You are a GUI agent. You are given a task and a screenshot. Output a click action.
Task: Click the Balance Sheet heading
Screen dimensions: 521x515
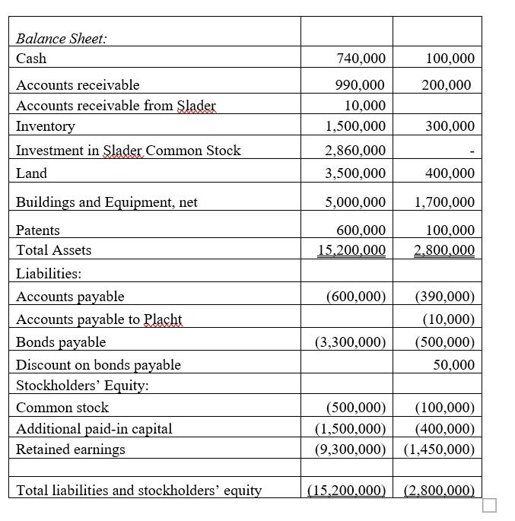(62, 40)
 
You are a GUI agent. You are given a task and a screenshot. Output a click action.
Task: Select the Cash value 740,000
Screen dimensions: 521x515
(361, 59)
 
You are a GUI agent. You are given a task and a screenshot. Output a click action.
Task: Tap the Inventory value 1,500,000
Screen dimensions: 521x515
(355, 126)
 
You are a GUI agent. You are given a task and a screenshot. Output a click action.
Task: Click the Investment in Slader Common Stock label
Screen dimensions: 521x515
(128, 151)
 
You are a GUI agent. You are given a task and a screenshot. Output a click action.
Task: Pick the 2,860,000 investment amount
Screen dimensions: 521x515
(355, 151)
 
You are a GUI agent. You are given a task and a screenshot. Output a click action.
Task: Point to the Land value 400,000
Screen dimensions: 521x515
(450, 173)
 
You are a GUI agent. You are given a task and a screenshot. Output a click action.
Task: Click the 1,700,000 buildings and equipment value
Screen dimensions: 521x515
(444, 202)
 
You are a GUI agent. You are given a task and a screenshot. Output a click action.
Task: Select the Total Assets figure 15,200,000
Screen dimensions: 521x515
(351, 250)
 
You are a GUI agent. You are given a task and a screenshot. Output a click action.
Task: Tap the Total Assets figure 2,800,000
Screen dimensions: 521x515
(444, 250)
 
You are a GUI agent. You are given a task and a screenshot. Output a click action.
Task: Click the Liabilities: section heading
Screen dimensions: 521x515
(49, 273)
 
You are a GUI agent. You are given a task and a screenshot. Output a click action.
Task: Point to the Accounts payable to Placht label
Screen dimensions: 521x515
(99, 319)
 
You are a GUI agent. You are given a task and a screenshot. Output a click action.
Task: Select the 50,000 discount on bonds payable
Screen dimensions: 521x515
(453, 365)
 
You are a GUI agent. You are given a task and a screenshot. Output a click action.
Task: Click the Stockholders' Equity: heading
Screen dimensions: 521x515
(82, 386)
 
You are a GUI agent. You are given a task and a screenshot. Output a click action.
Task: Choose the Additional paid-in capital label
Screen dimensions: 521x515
(94, 429)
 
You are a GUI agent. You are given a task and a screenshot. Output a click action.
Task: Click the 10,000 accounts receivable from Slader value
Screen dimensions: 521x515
(365, 106)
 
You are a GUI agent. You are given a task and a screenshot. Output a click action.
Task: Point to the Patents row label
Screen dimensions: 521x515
(38, 230)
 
